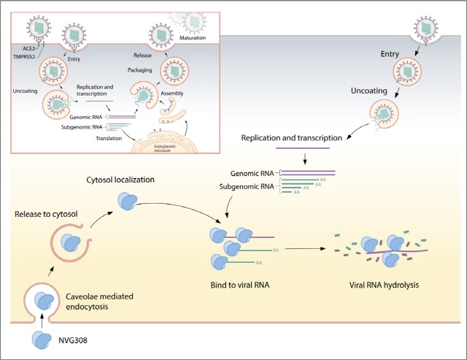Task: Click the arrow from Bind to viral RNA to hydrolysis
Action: point(302,250)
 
